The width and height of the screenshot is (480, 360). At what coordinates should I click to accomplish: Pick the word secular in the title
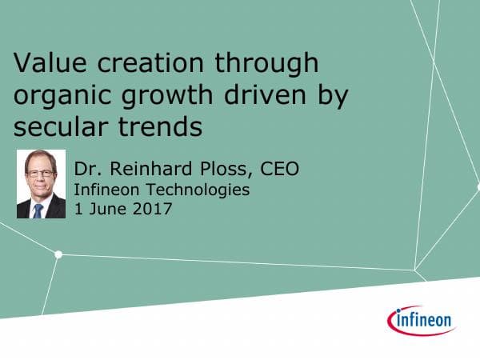tap(59, 126)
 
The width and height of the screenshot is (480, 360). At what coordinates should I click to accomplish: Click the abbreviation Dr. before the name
tap(87, 170)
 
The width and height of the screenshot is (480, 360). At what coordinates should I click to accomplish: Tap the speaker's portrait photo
tap(41, 184)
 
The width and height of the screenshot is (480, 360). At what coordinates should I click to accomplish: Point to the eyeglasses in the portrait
tap(40, 174)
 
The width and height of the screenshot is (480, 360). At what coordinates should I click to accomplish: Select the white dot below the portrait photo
tap(58, 254)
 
